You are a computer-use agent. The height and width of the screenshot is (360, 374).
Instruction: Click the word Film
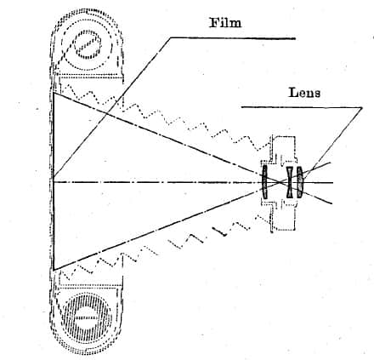click(x=225, y=23)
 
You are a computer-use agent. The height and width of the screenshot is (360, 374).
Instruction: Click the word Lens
click(x=304, y=93)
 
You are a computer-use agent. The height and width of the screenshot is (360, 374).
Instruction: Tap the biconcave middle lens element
click(x=290, y=182)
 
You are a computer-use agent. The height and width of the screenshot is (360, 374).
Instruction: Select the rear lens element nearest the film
click(x=264, y=182)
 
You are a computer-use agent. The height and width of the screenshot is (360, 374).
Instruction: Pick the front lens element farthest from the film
click(x=300, y=182)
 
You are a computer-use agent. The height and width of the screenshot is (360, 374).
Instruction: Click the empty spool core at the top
click(x=88, y=45)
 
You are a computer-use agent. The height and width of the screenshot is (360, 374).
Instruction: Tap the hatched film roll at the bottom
click(x=86, y=317)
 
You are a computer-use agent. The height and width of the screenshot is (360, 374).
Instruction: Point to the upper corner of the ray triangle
click(x=54, y=93)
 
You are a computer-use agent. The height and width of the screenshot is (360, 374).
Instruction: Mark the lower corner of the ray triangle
click(x=54, y=270)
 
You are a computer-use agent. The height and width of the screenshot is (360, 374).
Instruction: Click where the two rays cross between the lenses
click(x=279, y=182)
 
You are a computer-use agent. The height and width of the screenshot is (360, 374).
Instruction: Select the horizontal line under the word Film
click(x=233, y=38)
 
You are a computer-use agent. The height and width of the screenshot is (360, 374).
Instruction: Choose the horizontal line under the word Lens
click(x=302, y=107)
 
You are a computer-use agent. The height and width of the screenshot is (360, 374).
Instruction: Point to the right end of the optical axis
click(x=332, y=182)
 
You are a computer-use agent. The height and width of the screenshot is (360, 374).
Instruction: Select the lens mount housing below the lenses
click(x=282, y=214)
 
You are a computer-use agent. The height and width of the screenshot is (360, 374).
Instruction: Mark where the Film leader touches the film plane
click(x=54, y=176)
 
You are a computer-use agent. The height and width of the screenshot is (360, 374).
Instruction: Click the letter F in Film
click(x=214, y=23)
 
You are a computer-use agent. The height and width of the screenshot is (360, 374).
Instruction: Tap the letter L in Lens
click(x=292, y=93)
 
